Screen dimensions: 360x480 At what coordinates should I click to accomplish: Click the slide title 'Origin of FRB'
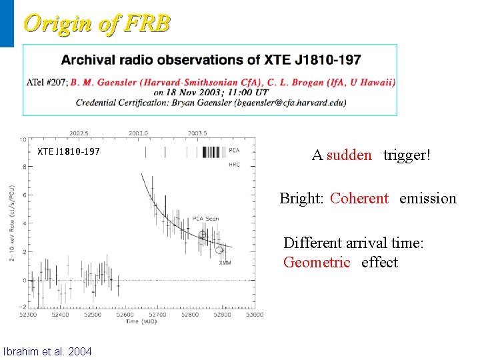[x=97, y=23]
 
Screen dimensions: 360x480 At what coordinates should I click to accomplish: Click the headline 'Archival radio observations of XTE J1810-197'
[x=211, y=60]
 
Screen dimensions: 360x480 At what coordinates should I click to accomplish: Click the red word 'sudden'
[x=350, y=155]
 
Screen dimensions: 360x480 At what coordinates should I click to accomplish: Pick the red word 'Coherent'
[x=359, y=198]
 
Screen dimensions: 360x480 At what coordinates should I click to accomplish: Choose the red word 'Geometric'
[x=317, y=262]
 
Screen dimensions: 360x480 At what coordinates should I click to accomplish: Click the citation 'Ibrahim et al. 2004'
[x=48, y=351]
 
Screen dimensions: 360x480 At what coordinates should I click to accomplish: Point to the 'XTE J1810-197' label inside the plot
[x=69, y=151]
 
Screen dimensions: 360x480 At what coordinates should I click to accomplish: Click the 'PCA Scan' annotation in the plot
[x=206, y=219]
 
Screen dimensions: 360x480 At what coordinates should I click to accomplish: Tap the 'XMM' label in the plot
[x=225, y=263]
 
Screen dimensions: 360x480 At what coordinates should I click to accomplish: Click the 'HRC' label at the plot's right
[x=234, y=163]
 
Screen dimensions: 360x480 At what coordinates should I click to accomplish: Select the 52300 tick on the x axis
[x=28, y=315]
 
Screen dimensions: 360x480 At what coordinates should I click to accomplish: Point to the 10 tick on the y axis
[x=23, y=140]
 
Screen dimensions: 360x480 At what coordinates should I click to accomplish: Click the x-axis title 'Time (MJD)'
[x=141, y=321]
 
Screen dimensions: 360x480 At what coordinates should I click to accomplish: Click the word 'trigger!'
[x=407, y=155]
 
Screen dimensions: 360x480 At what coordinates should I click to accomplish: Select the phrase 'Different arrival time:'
[x=353, y=243]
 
